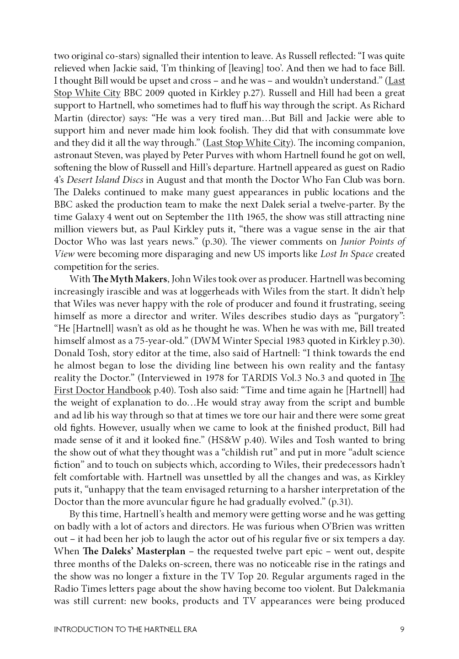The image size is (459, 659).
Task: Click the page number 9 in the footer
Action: pyautogui.click(x=402, y=629)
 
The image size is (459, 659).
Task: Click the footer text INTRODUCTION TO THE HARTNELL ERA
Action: pyautogui.click(x=125, y=629)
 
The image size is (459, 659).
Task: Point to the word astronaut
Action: pyautogui.click(x=74, y=155)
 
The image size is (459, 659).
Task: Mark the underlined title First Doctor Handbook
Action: pyautogui.click(x=102, y=390)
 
